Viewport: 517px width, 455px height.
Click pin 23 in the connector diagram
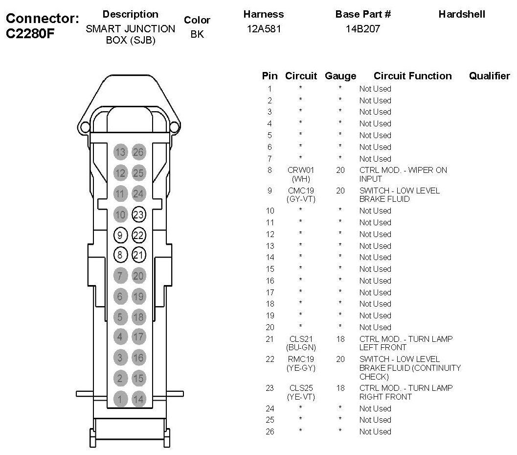click(x=138, y=214)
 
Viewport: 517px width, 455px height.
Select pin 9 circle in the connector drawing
click(x=120, y=235)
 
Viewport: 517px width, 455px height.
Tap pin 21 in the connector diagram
click(x=138, y=255)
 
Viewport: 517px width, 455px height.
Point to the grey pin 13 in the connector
click(x=120, y=152)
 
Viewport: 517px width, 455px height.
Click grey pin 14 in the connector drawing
click(x=138, y=399)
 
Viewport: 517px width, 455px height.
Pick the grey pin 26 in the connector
click(x=138, y=152)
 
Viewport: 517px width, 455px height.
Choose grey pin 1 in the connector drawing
click(x=120, y=399)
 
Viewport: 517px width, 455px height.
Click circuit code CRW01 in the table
click(x=300, y=170)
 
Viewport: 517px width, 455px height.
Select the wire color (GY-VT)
click(x=300, y=199)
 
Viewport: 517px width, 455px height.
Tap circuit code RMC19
click(x=300, y=359)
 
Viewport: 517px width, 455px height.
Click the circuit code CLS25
click(x=300, y=388)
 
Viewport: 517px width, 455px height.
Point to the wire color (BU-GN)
click(x=300, y=347)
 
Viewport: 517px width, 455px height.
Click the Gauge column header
click(x=340, y=76)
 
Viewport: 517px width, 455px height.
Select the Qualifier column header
click(x=489, y=76)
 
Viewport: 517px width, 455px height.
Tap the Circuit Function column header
click(x=412, y=76)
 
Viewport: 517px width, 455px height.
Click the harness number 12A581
click(x=263, y=29)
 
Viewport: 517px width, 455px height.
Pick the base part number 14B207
click(x=362, y=29)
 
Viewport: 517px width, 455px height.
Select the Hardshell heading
click(x=461, y=14)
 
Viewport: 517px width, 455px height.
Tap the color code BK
click(x=197, y=35)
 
